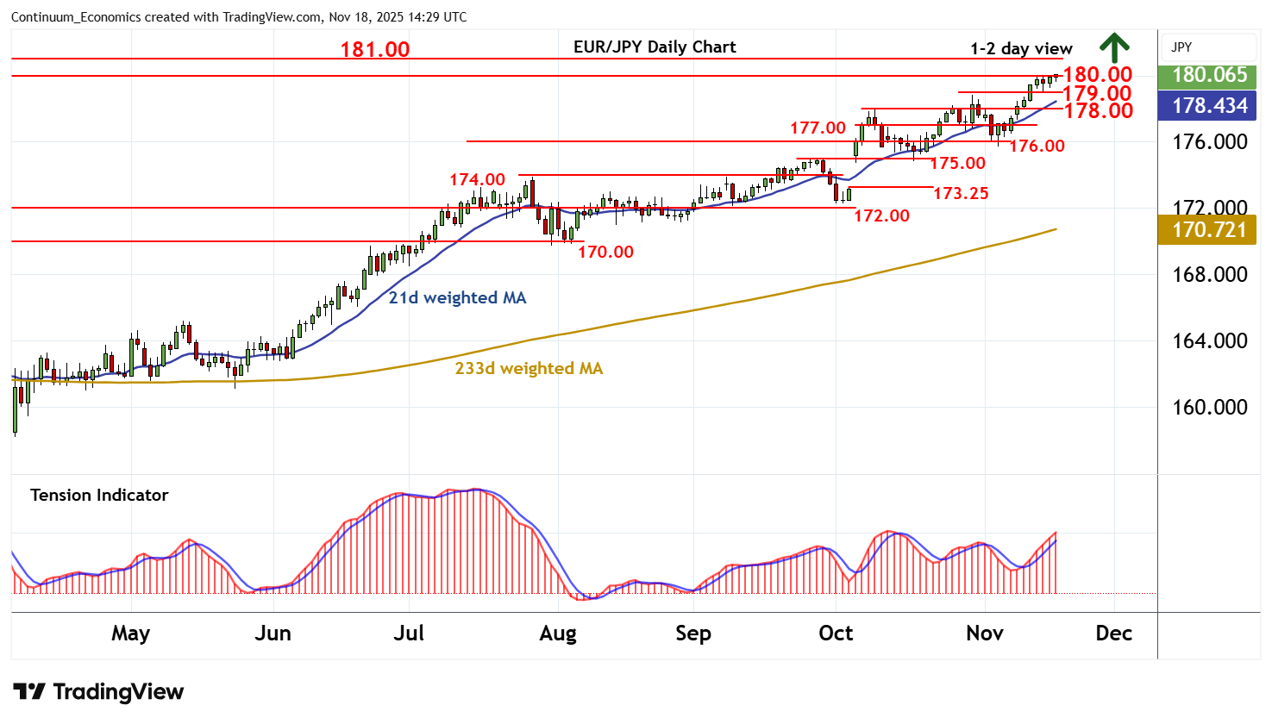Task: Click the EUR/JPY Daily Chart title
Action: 655,47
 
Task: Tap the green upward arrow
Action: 1114,47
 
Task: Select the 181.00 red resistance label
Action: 375,50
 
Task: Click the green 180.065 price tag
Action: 1209,75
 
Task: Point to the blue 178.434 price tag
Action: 1209,106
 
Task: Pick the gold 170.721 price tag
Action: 1209,230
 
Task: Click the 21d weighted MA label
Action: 457,298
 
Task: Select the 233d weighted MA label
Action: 529,369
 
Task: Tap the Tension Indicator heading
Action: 99,496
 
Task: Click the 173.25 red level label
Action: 961,194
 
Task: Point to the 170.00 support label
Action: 605,253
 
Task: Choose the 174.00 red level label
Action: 477,180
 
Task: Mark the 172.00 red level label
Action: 881,216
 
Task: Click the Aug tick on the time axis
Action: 558,633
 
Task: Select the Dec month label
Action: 1113,633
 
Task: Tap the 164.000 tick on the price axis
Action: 1209,341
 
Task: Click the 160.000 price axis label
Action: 1209,408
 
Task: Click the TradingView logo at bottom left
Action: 98,692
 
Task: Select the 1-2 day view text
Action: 1021,49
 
